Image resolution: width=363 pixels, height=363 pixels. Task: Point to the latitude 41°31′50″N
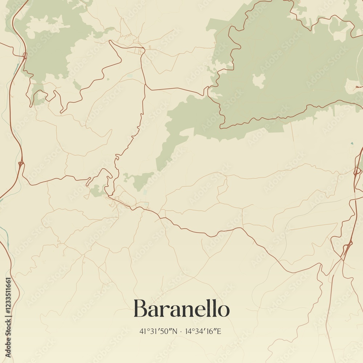point(158,331)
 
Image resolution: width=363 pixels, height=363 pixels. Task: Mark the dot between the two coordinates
point(180,331)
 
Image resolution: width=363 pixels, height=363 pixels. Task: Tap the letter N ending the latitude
point(175,331)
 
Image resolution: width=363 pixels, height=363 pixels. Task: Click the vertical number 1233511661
point(8,301)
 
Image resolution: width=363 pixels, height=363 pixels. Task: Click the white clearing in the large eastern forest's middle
point(258,81)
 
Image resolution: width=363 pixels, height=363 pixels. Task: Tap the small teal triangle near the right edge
point(351,144)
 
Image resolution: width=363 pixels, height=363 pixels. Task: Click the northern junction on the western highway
point(25,56)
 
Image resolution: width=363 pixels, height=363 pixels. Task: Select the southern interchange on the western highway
point(21,164)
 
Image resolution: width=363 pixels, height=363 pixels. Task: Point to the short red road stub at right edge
point(359,87)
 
